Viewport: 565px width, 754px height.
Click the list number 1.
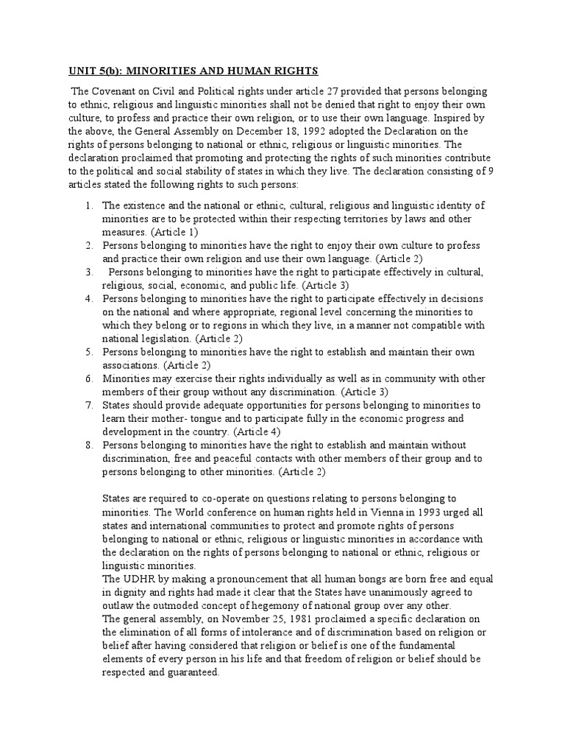(88, 205)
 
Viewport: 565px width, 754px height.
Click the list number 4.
(88, 298)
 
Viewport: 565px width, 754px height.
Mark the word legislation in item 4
(166, 339)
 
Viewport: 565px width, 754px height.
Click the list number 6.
(88, 378)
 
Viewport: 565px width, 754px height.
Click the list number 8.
(88, 445)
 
